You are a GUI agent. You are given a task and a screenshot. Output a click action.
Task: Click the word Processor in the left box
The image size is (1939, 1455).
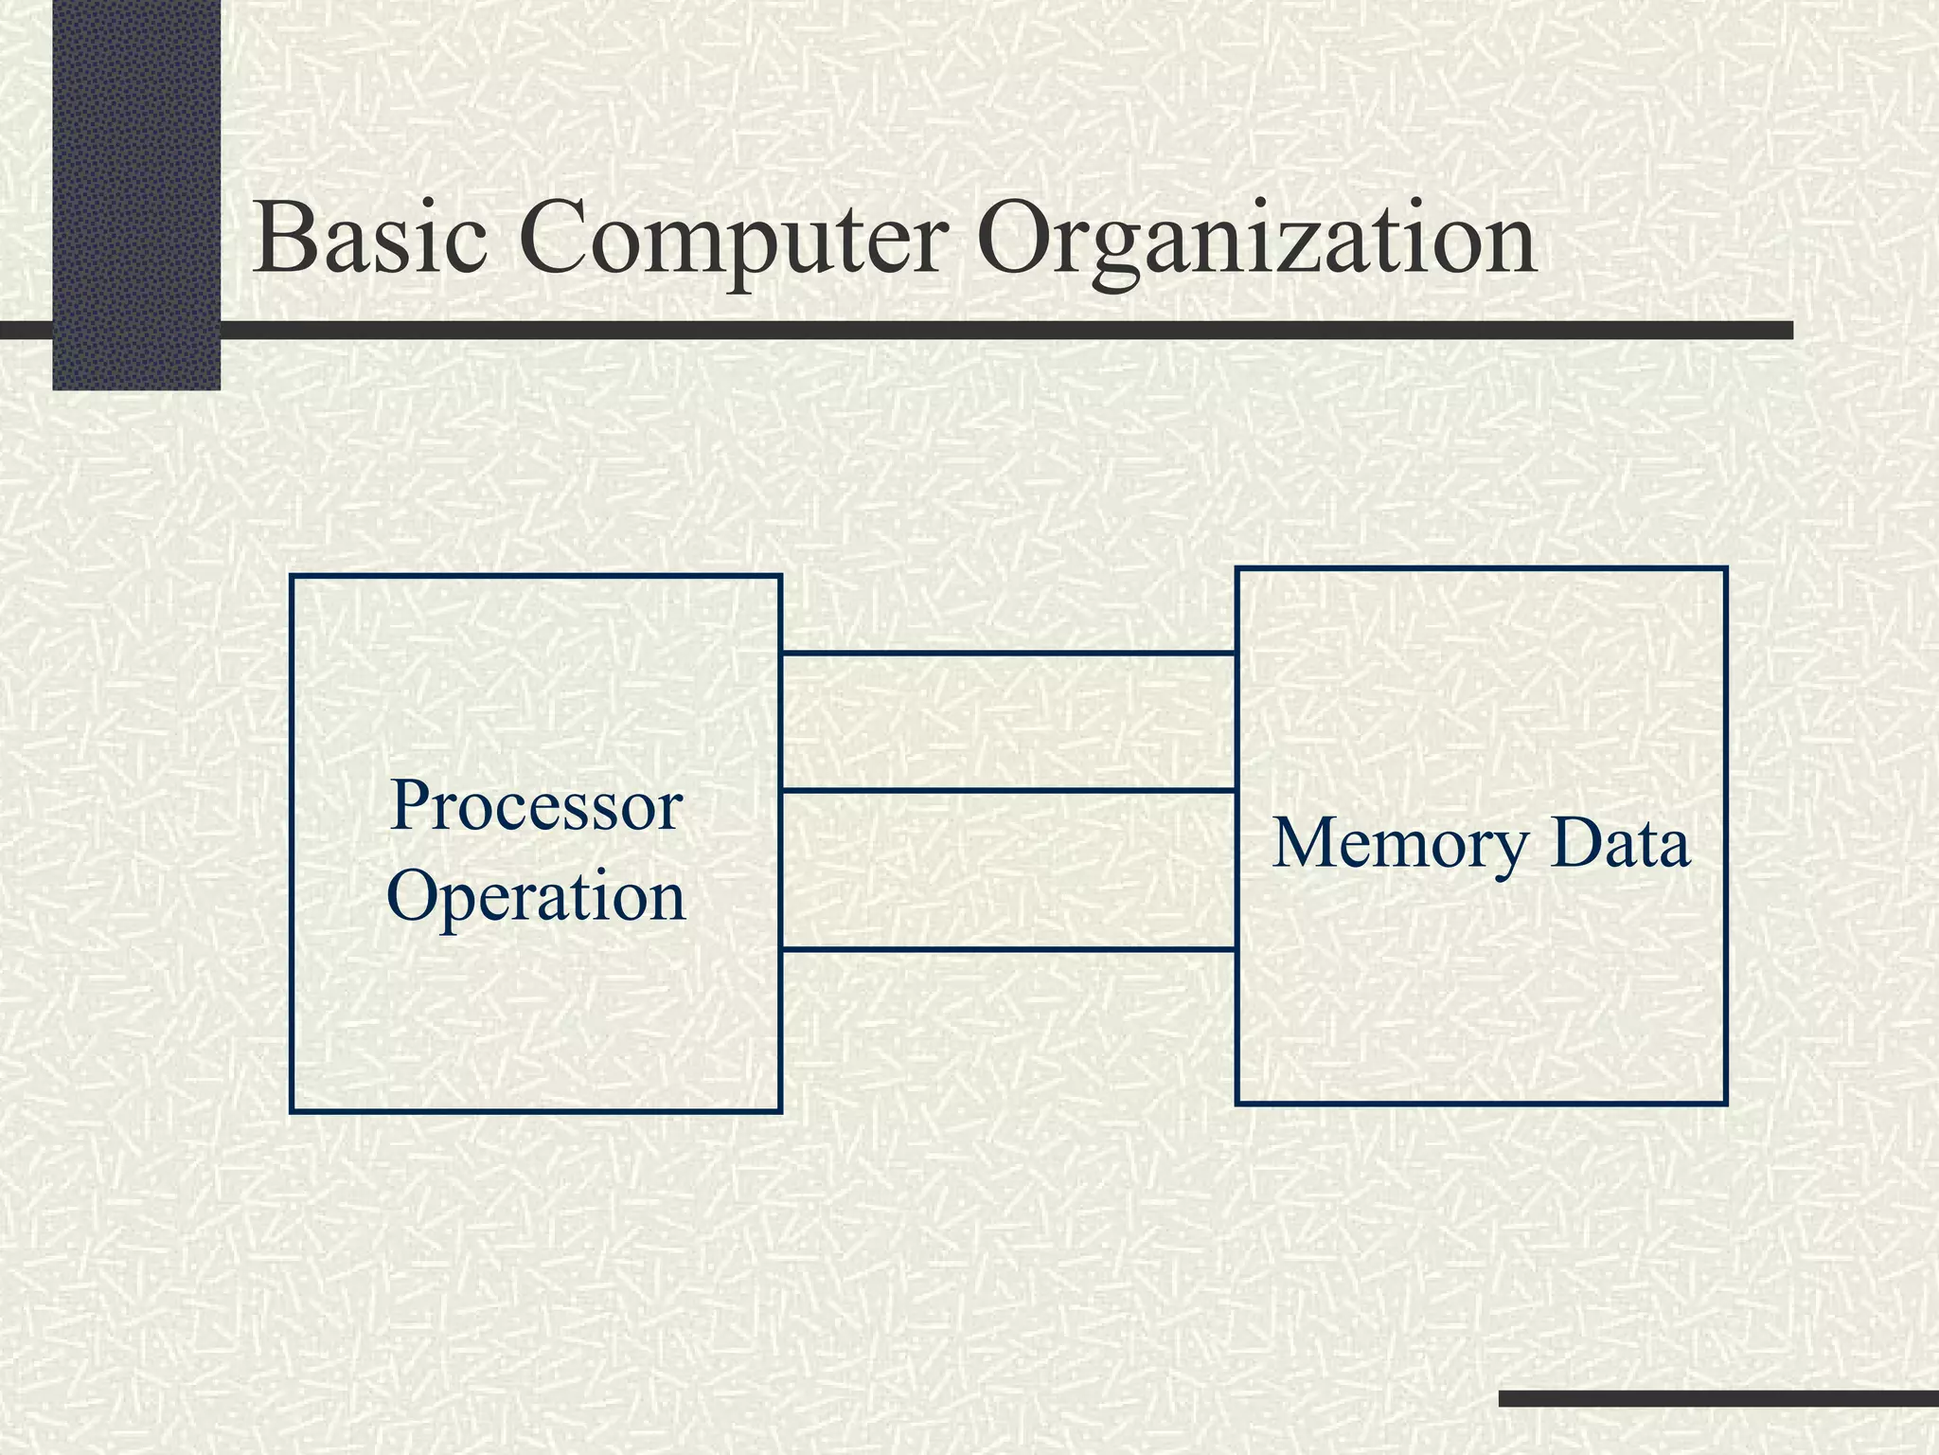[536, 807]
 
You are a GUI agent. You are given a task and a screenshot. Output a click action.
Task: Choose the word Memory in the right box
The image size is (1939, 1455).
[1399, 845]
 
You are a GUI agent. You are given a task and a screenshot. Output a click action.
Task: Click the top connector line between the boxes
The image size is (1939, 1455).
[1008, 653]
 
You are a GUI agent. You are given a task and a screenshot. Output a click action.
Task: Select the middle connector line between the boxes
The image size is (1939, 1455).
[1008, 789]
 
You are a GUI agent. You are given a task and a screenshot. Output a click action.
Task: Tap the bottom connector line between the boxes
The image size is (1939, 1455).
[1008, 948]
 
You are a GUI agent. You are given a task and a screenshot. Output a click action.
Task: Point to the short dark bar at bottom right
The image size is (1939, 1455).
[1718, 1398]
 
